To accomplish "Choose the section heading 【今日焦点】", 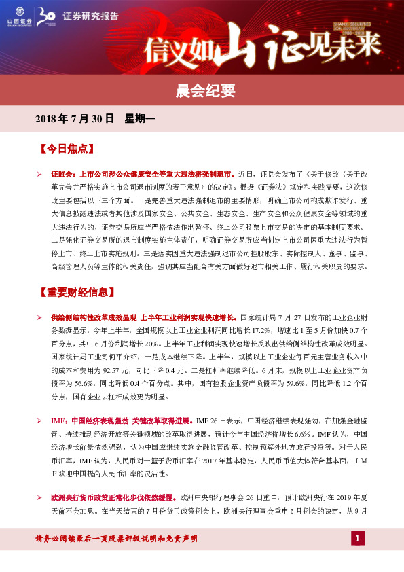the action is [x=65, y=147].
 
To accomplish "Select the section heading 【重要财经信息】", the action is [x=75, y=292].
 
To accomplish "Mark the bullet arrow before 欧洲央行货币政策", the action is [x=39, y=498].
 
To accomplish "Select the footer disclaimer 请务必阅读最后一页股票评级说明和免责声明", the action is [x=116, y=539].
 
